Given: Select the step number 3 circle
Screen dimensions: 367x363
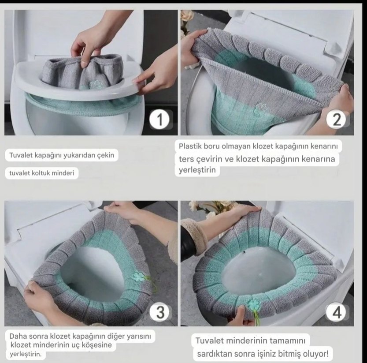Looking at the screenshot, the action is [x=160, y=312].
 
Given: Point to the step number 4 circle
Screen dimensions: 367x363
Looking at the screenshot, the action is [x=336, y=312].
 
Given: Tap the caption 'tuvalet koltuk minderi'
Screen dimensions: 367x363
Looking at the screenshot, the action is [x=42, y=173].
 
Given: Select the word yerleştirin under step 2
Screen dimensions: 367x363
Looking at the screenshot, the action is [x=197, y=170].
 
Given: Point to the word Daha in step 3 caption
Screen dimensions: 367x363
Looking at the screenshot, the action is [x=17, y=336].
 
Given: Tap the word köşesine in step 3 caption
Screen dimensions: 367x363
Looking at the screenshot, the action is [x=96, y=345].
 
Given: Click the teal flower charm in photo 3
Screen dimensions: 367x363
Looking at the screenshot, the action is [x=138, y=277].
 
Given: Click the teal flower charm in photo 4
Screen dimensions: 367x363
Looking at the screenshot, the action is [x=252, y=304].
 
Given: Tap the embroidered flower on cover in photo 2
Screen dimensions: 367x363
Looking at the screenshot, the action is [x=260, y=109].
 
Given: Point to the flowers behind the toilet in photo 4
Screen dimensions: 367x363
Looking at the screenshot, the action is [x=211, y=207].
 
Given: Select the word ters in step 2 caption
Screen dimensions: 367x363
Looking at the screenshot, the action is [x=186, y=159].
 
